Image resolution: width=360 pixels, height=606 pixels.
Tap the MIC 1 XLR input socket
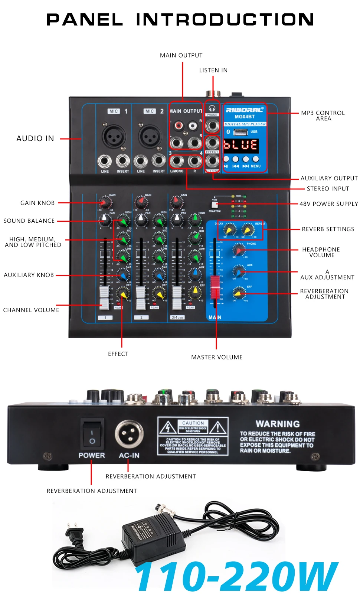click(x=114, y=136)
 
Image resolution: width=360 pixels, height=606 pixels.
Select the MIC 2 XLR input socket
click(x=150, y=136)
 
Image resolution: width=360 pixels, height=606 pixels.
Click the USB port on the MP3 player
click(x=240, y=132)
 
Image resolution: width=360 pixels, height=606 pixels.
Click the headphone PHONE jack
click(x=212, y=126)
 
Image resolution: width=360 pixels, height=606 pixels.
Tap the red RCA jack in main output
click(x=179, y=126)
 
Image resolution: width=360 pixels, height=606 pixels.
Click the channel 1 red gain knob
click(x=105, y=203)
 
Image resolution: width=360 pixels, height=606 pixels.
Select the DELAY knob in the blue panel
click(x=230, y=230)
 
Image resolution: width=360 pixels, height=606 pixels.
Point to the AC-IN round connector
click(x=129, y=434)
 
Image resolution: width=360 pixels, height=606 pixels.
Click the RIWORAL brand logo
click(x=245, y=110)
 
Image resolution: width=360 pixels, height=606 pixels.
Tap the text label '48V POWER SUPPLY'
click(x=329, y=204)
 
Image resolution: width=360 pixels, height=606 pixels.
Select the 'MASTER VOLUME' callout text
click(x=217, y=357)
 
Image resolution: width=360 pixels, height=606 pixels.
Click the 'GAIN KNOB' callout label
click(x=37, y=203)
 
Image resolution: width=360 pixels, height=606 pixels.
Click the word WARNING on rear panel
click(x=278, y=424)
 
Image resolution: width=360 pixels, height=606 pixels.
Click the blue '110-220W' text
click(x=236, y=576)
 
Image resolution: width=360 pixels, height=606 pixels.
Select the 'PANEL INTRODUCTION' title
click(x=180, y=20)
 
